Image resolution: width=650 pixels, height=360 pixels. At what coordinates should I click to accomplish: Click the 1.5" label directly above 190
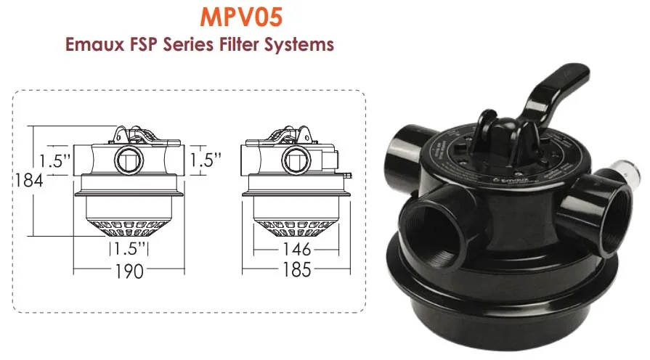pos(129,250)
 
